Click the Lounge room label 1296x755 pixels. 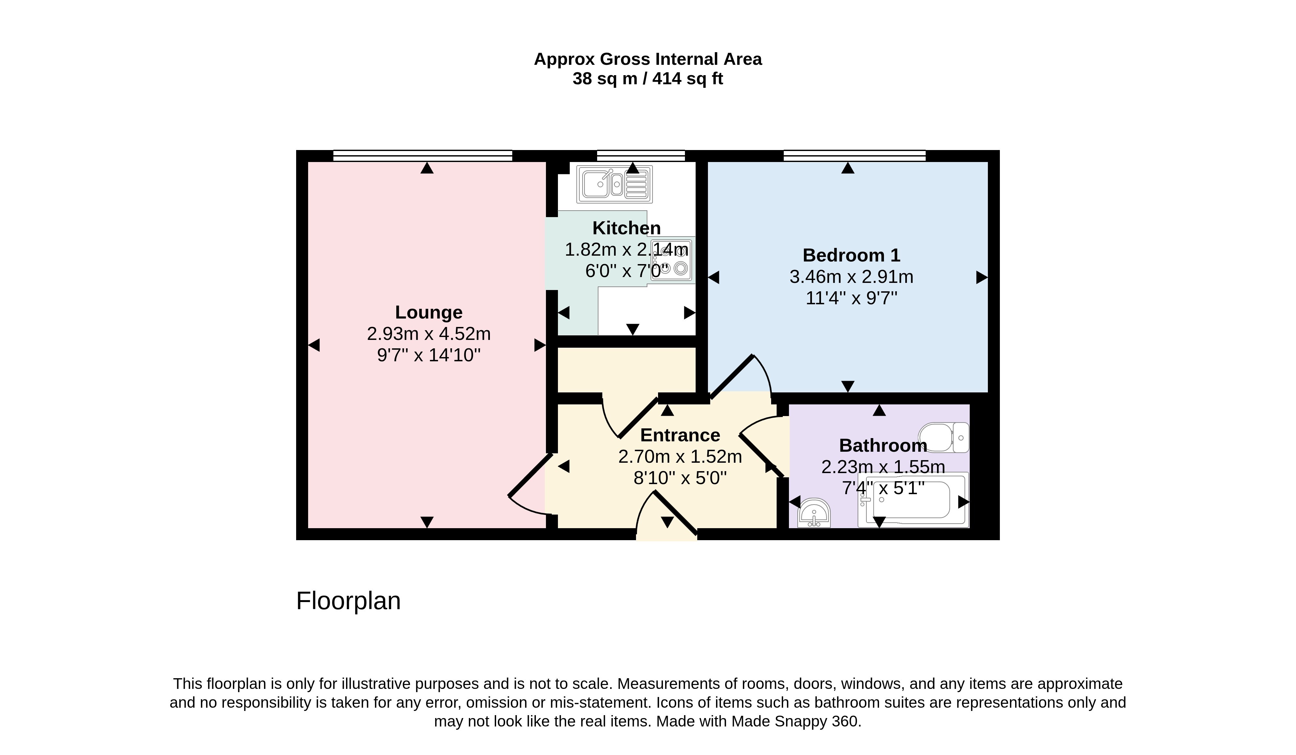pyautogui.click(x=428, y=312)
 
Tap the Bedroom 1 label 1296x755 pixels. pyautogui.click(x=851, y=255)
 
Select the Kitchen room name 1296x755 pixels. pyautogui.click(x=626, y=228)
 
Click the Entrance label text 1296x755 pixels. pyautogui.click(x=680, y=435)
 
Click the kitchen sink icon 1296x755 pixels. pyautogui.click(x=615, y=184)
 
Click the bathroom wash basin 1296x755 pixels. pyautogui.click(x=814, y=513)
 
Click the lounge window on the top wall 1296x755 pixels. pyautogui.click(x=423, y=155)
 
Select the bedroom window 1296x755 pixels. pyautogui.click(x=854, y=155)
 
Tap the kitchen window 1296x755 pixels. pyautogui.click(x=641, y=155)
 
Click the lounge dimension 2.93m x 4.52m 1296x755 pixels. pyautogui.click(x=428, y=334)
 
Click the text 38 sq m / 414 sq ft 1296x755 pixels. pyautogui.click(x=647, y=79)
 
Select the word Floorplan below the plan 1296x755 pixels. pyautogui.click(x=348, y=601)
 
